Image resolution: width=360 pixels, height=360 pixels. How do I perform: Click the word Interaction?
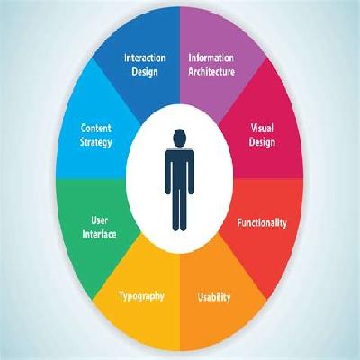coord(145,58)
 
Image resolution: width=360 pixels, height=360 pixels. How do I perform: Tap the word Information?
coord(211,58)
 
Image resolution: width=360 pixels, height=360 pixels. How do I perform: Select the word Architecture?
coord(211,72)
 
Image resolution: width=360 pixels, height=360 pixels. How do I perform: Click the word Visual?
coord(262,128)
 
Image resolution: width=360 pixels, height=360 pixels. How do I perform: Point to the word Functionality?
coord(262,223)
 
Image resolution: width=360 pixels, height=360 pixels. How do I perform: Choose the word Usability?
coord(214,297)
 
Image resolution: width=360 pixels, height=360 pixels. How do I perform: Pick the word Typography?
coord(142,296)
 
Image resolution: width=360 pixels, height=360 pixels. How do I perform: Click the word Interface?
coord(99,234)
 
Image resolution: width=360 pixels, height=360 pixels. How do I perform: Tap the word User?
coord(99,220)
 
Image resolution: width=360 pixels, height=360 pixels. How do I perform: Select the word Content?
coord(96,128)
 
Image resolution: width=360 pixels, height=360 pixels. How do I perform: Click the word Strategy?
coord(96,142)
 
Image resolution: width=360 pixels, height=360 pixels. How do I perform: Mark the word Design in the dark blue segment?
coord(145,72)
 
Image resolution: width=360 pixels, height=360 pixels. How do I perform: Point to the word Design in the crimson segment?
coord(262,142)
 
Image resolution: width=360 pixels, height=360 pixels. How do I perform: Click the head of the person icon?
coord(180,139)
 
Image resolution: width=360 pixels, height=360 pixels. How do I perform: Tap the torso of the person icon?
coord(179,169)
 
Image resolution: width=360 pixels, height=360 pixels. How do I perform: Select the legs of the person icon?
coord(179,210)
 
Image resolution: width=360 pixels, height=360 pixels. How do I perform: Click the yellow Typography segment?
coord(141,303)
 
